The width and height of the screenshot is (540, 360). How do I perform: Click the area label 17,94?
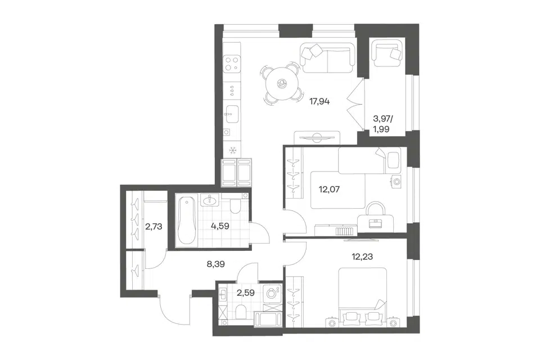pos(319,102)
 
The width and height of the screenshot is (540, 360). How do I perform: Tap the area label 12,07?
pos(329,189)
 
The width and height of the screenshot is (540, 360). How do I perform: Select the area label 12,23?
pos(362,256)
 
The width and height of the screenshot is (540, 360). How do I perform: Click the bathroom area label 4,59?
pos(220,226)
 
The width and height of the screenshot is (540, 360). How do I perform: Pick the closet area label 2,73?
pos(154,227)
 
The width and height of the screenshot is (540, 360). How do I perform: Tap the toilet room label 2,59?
pos(246,293)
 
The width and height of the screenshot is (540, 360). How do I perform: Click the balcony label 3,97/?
pos(383,119)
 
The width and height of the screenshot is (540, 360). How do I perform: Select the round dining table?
pos(282,83)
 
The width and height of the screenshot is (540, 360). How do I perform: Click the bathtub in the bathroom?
pos(186,220)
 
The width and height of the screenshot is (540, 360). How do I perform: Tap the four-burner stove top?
pos(231,64)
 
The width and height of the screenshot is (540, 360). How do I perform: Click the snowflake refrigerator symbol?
pos(232,150)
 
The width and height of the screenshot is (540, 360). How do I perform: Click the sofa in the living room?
pos(327,58)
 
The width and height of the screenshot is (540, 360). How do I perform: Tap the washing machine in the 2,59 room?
pos(272,294)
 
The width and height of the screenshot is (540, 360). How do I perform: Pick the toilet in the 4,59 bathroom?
pos(236,206)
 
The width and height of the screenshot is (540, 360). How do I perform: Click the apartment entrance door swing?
pos(174,310)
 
